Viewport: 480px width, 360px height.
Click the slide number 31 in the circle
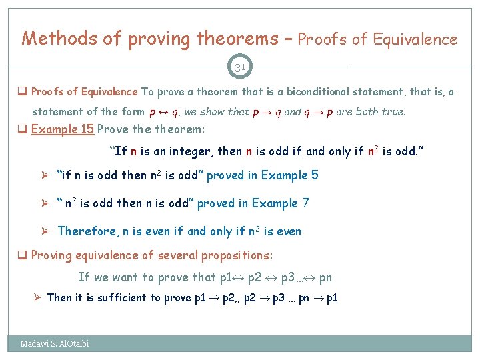[x=240, y=67]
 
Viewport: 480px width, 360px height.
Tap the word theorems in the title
[x=236, y=39]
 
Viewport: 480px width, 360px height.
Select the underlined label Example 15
[x=62, y=129]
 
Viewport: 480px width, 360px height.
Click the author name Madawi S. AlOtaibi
[x=55, y=343]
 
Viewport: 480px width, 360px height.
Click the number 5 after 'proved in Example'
[x=315, y=175]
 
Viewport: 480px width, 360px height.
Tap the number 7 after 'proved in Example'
[x=305, y=203]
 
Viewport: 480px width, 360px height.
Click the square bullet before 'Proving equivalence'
[x=23, y=256]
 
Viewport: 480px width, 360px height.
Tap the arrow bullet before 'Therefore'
[x=46, y=231]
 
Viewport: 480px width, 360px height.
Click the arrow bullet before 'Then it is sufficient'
[x=38, y=297]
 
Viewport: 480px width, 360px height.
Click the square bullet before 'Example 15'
[x=23, y=130]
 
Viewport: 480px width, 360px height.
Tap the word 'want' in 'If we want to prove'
[x=124, y=277]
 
